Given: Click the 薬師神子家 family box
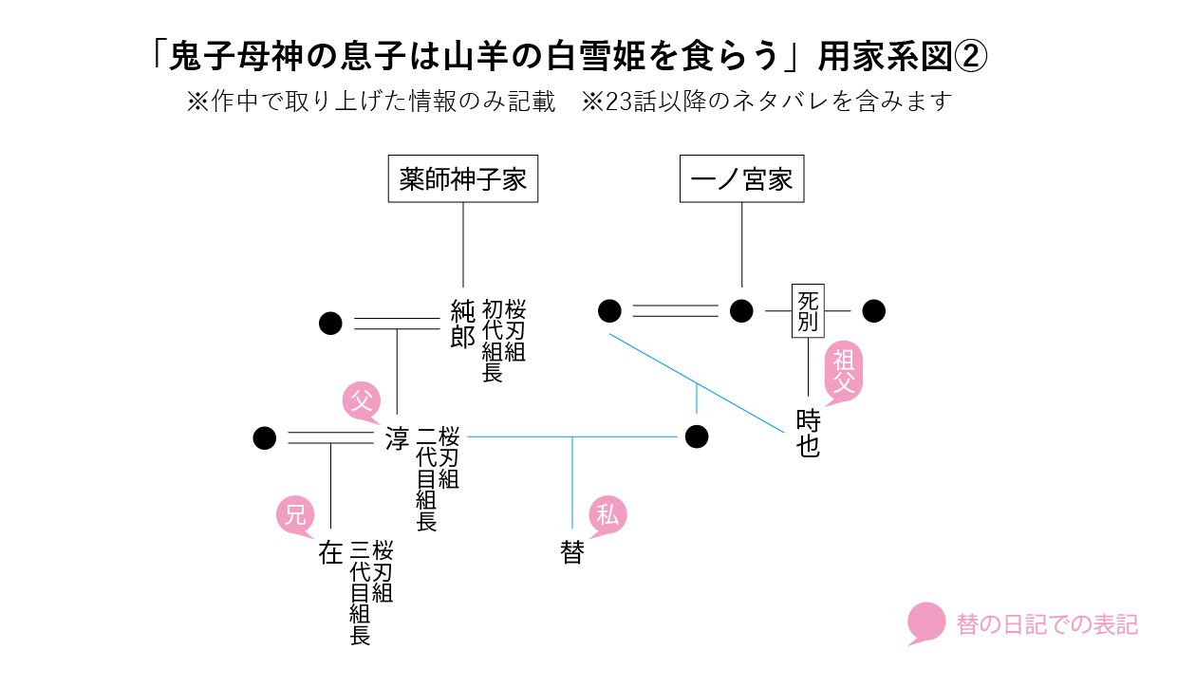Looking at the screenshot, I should (463, 179).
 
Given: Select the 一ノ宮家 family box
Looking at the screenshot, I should (742, 179).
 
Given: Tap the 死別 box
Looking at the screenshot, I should (809, 310).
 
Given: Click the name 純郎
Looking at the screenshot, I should (462, 324).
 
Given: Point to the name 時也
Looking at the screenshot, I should (809, 432).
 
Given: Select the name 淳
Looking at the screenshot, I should (397, 438).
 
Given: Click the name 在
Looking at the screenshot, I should (330, 552).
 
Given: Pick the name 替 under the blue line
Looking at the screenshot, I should (571, 552).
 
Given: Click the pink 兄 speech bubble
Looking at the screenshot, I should (295, 515).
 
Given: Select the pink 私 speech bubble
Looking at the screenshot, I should (607, 515).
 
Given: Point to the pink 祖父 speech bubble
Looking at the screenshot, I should (844, 370).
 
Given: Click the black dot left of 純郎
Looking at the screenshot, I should (330, 324).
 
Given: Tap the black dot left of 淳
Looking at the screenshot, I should (265, 438).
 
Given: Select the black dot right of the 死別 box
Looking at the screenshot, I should (873, 310).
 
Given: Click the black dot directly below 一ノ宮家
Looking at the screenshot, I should (741, 310).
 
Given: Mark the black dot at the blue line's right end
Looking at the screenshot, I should (697, 436).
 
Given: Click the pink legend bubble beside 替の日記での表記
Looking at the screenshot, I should (926, 622).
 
